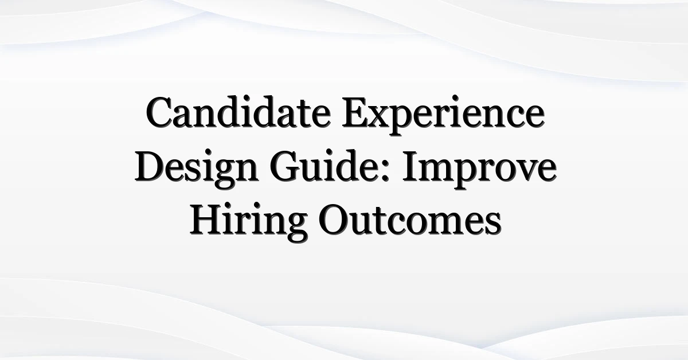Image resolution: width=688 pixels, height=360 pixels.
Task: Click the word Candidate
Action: click(238, 112)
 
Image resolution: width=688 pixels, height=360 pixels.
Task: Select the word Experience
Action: click(443, 115)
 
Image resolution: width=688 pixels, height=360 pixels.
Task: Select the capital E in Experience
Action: click(355, 113)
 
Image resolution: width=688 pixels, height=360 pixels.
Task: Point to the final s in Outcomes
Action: click(493, 225)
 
